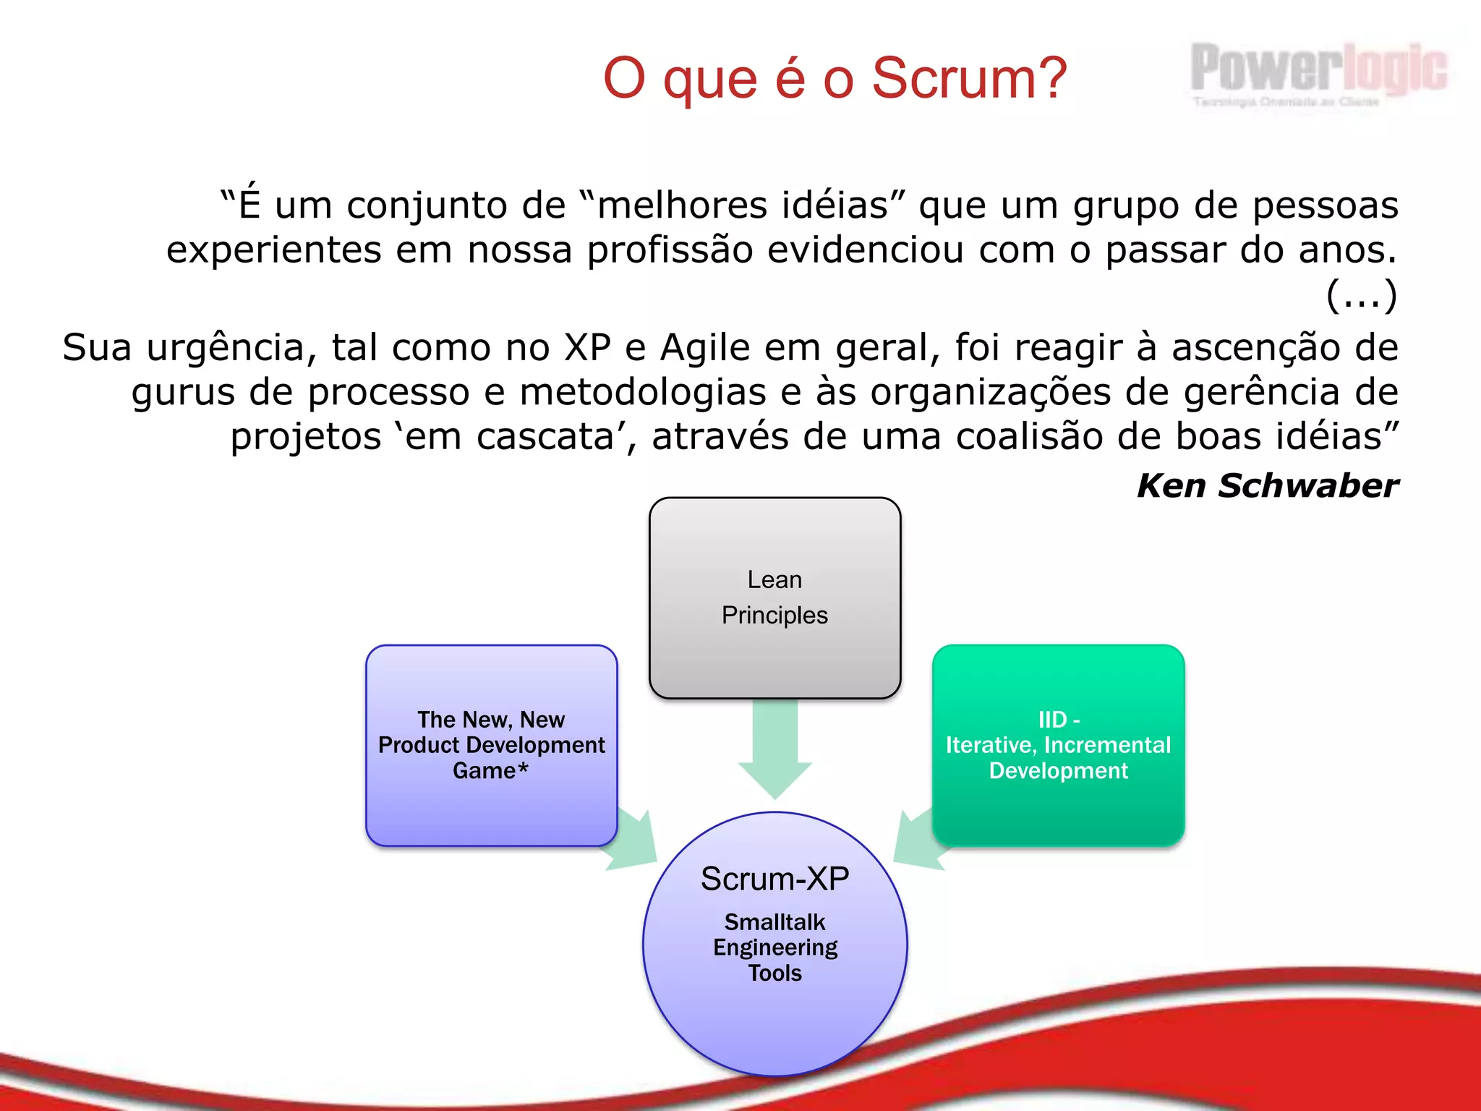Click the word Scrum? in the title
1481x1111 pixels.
pos(969,78)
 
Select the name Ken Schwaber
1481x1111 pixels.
pos(1267,485)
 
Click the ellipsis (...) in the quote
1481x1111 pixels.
pos(1361,295)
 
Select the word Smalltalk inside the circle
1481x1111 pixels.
pos(774,922)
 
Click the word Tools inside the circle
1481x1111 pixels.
pos(774,974)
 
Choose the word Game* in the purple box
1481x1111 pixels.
pos(490,771)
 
